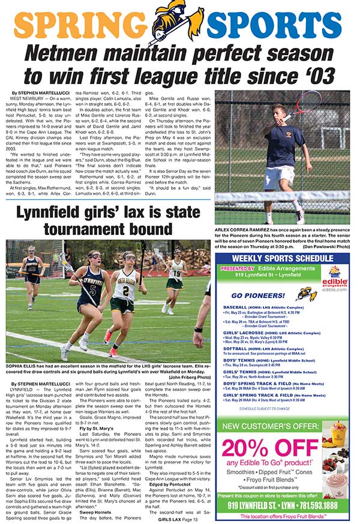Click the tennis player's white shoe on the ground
tap(299, 217)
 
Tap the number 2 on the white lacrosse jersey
tap(127, 293)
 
